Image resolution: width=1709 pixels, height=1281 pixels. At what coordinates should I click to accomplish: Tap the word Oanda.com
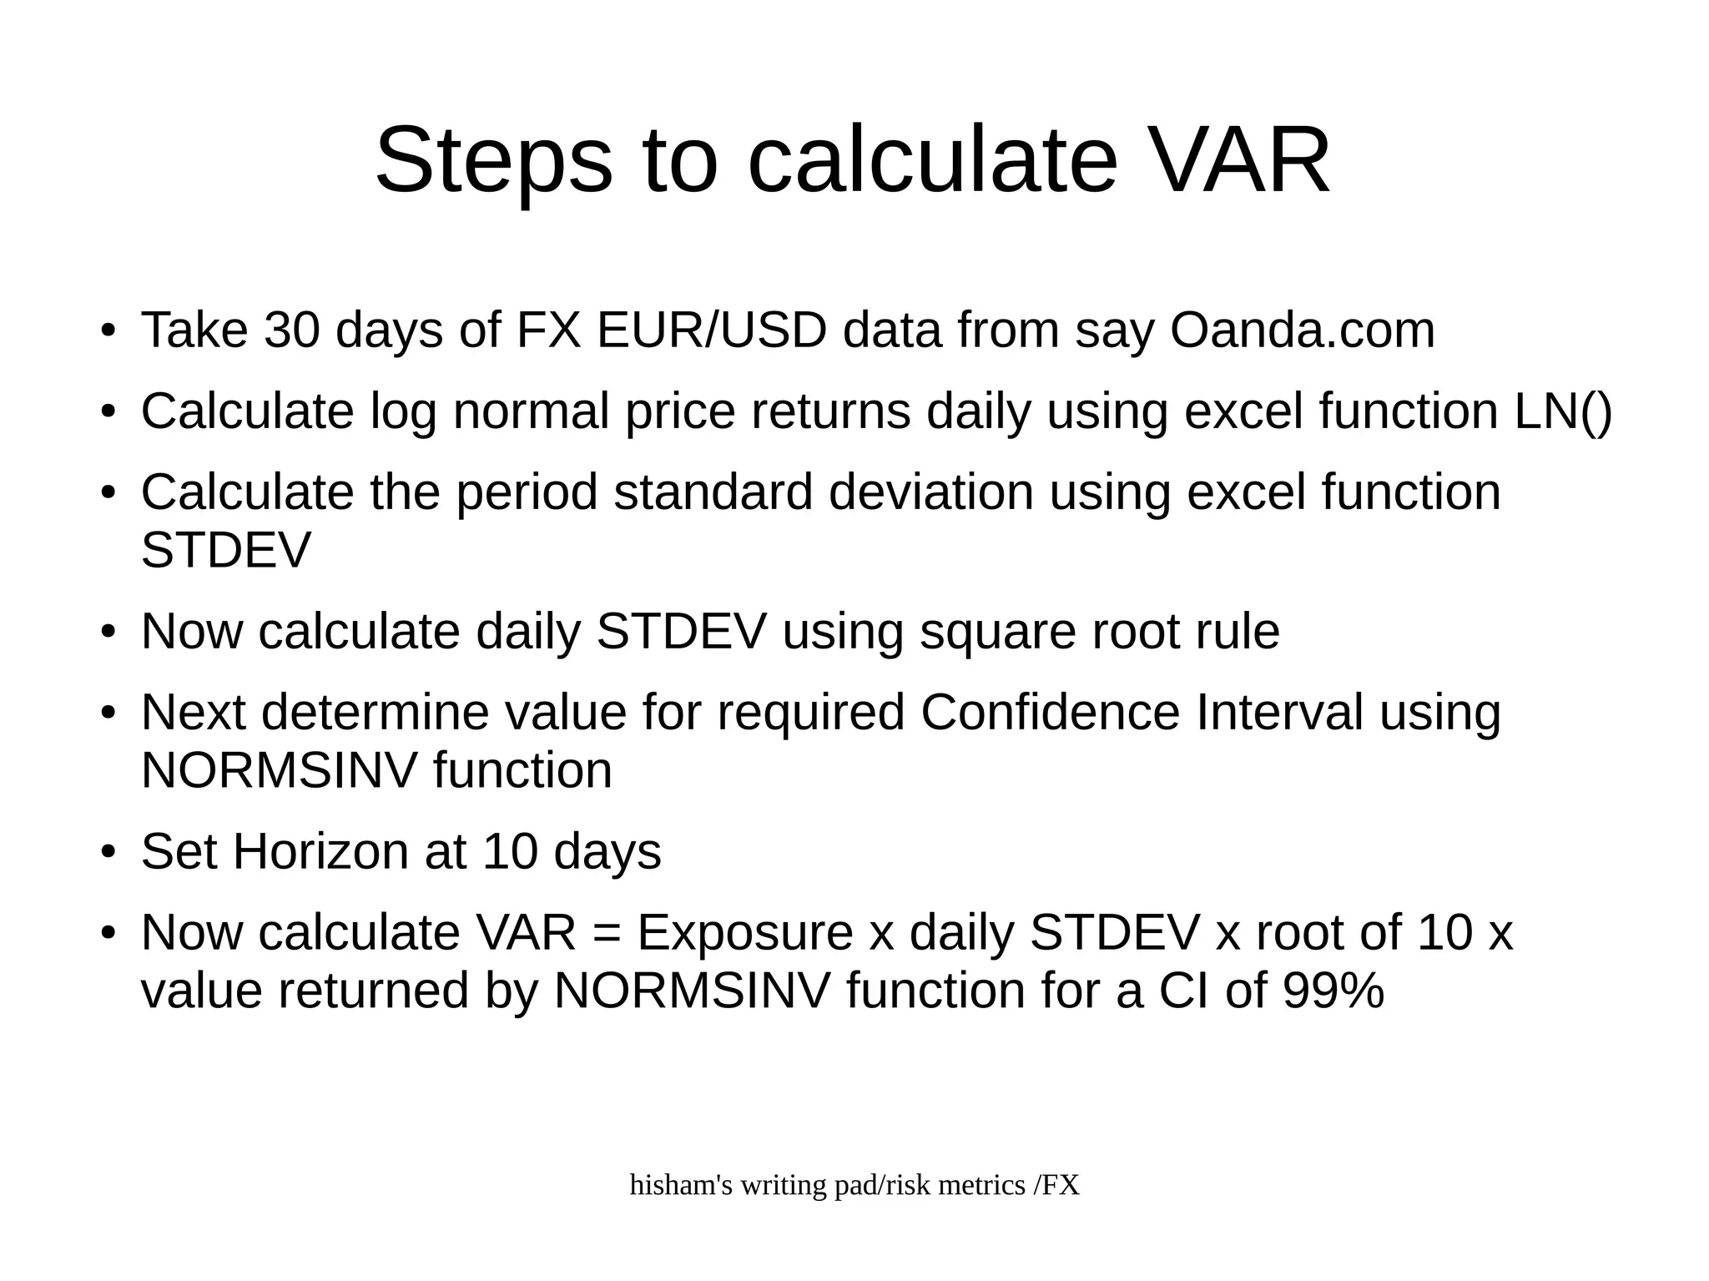pos(1302,330)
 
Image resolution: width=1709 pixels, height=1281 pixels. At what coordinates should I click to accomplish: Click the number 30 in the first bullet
pos(291,330)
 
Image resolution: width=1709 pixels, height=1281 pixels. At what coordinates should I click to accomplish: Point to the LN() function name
pos(1562,411)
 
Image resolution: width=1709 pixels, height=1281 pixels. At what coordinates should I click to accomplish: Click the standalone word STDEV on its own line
pos(225,551)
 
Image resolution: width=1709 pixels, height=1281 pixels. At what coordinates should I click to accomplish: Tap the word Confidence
pos(1050,713)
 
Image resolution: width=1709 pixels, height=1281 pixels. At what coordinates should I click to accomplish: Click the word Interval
pos(1279,713)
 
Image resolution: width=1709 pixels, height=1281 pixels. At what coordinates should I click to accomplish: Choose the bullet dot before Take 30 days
pos(107,331)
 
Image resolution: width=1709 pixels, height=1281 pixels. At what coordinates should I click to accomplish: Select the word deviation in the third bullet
pos(930,492)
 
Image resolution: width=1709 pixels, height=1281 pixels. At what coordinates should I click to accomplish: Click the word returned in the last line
pos(375,991)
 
